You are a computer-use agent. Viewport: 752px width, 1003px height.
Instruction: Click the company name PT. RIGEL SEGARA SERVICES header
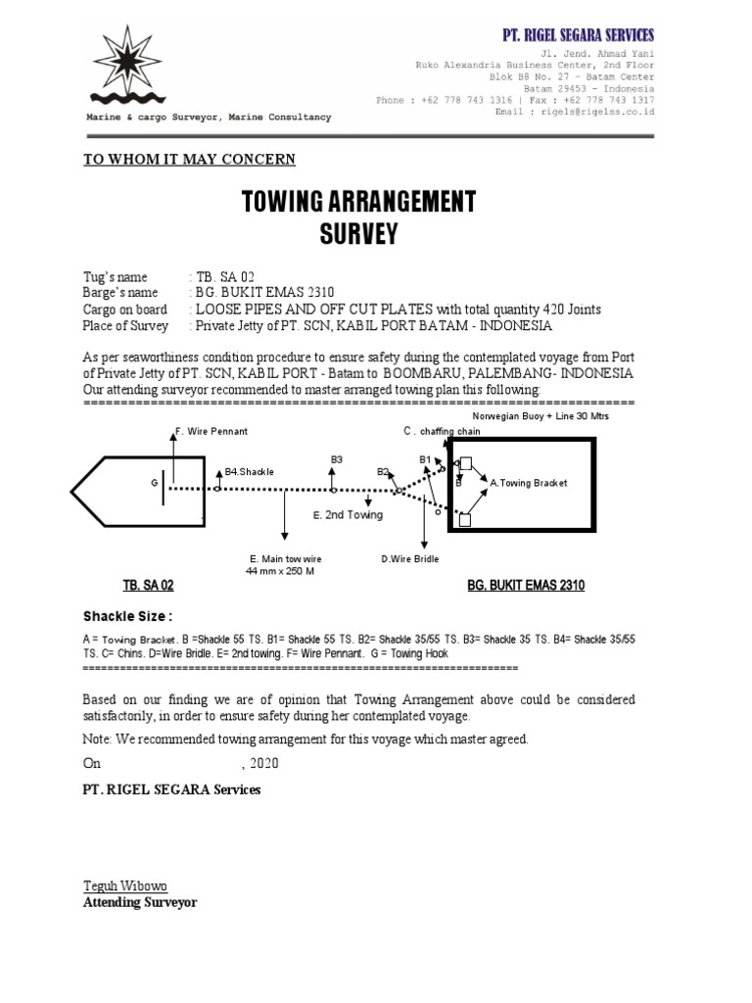click(x=578, y=35)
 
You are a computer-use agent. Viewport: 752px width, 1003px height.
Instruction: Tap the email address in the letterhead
click(x=591, y=113)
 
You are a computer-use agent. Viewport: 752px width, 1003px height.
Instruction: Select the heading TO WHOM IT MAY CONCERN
click(x=189, y=160)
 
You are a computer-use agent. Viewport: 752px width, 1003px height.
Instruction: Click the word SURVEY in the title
click(x=359, y=235)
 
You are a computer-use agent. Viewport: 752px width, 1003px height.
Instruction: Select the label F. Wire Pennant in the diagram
click(x=211, y=431)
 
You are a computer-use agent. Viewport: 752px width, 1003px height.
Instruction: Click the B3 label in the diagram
click(x=336, y=458)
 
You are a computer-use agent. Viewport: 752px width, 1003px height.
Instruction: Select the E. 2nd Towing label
click(x=348, y=514)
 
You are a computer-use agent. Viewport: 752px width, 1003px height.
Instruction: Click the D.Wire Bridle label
click(x=410, y=559)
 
